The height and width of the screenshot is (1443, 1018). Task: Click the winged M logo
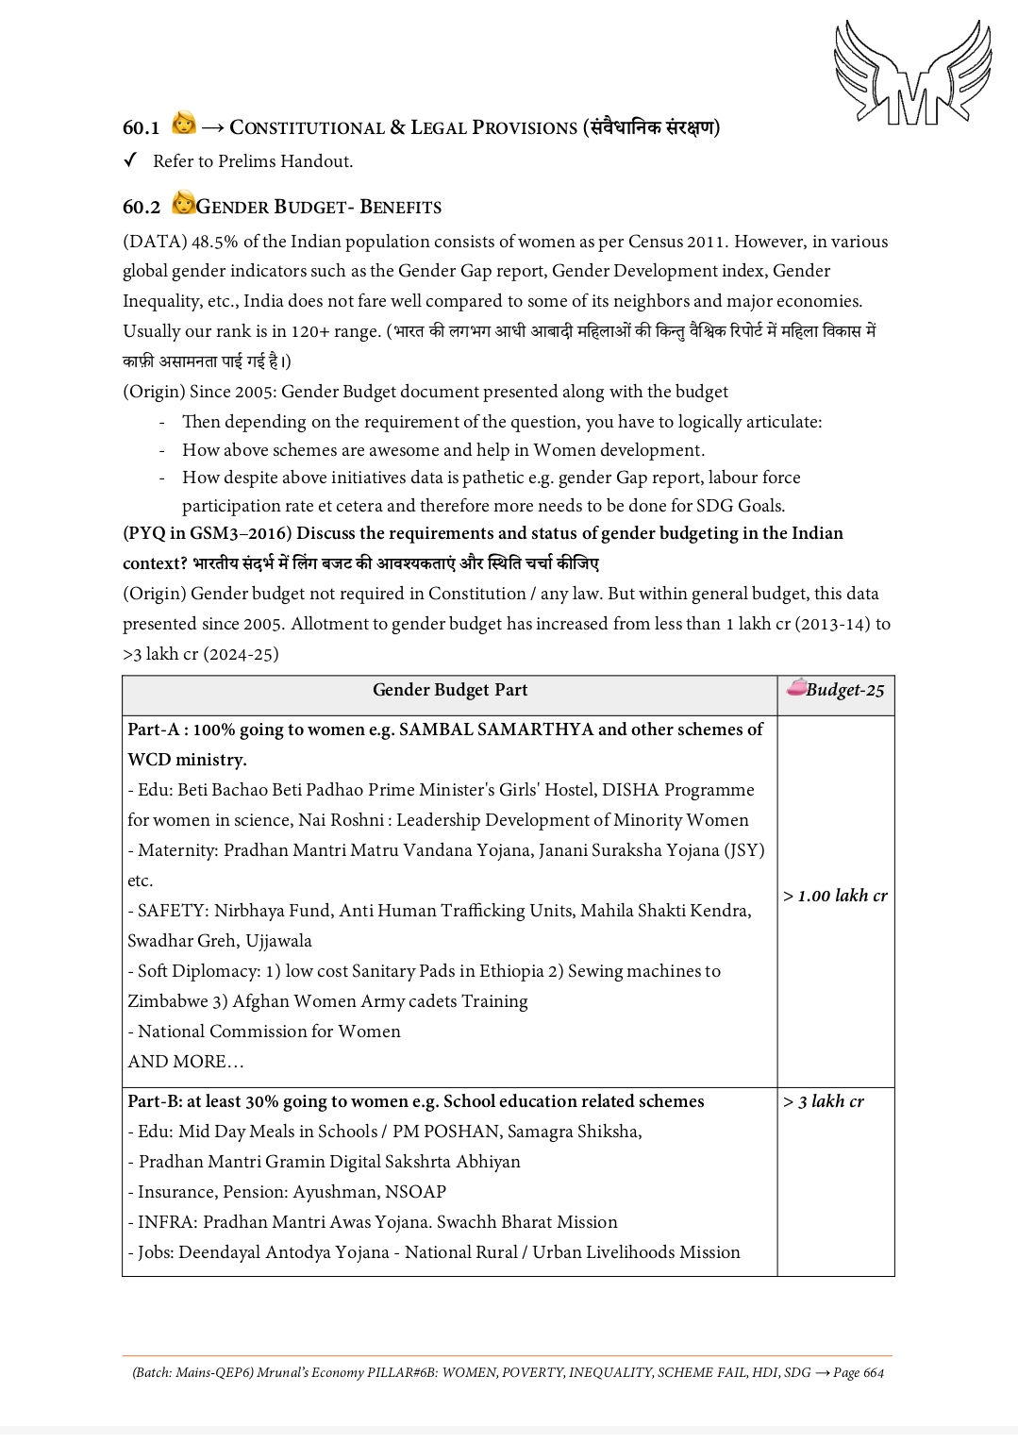(x=912, y=74)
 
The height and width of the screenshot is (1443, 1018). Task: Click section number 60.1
(x=142, y=127)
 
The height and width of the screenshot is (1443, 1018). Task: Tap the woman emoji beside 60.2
(x=183, y=203)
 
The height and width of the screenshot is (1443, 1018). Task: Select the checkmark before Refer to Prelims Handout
(x=131, y=160)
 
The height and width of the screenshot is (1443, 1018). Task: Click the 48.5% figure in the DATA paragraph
(x=213, y=242)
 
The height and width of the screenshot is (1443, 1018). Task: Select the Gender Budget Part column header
(x=450, y=690)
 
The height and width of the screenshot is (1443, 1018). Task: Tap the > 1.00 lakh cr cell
(x=835, y=896)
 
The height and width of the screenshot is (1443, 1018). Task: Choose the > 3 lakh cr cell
(x=824, y=1101)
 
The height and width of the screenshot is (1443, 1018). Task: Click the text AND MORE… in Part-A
(x=186, y=1062)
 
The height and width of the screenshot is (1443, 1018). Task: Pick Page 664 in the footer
(x=859, y=1372)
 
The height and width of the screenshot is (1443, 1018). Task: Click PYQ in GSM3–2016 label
(x=208, y=533)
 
